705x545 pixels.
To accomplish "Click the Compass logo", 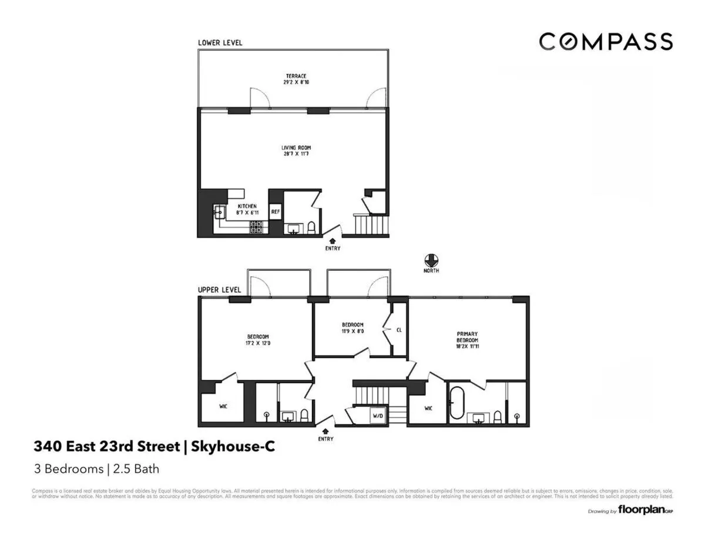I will coord(606,42).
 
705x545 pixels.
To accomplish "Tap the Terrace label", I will coord(296,79).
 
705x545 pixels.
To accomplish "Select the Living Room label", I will coord(296,151).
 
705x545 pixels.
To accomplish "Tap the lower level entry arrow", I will coord(332,240).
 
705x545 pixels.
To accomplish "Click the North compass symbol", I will coord(431,260).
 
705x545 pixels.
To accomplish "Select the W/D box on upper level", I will coord(377,416).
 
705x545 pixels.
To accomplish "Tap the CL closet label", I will coord(399,329).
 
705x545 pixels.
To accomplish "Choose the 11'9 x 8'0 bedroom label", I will coord(352,328).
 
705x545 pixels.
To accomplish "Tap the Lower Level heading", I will coord(220,43).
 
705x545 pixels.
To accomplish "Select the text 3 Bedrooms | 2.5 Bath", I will coord(96,469).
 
